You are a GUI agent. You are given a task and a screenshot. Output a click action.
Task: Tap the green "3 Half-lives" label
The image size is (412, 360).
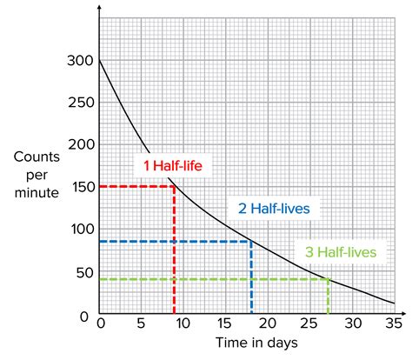point(341,253)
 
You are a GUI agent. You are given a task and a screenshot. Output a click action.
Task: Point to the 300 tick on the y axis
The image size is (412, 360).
point(78,61)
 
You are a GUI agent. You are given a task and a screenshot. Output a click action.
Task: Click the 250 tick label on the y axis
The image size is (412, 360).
point(78,103)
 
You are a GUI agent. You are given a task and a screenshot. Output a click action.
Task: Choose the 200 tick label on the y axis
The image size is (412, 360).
point(78,145)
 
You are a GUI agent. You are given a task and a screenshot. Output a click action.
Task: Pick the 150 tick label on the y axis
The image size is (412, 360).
point(78,187)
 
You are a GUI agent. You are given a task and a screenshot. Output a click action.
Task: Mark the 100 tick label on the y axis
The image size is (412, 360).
point(78,230)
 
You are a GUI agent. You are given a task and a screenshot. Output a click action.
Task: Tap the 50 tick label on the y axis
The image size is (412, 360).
point(82,271)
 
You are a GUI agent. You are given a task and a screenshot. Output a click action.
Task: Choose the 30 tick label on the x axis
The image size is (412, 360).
point(352,323)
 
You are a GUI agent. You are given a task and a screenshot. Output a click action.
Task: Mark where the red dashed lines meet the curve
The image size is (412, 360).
point(175,186)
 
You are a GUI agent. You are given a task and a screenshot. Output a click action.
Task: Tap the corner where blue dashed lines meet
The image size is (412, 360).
point(251,242)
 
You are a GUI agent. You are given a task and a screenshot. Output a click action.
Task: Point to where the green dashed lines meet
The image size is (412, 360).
point(328,279)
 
